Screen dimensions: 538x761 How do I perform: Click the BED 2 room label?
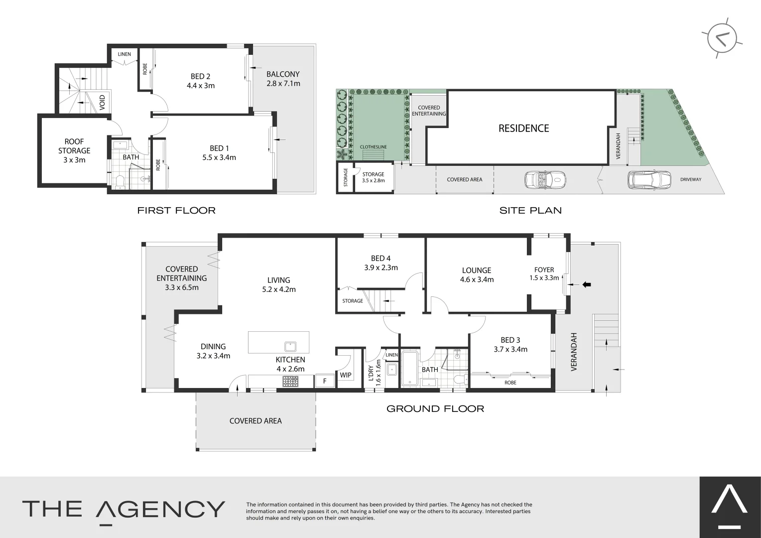pos(200,76)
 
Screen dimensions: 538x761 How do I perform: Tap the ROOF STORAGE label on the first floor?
pos(74,150)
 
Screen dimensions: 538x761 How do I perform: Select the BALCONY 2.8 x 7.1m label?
pos(283,79)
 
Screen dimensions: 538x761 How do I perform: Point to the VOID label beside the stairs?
pos(102,102)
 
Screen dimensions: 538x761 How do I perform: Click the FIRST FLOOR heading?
pos(176,210)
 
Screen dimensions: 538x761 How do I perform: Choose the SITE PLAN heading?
pos(530,210)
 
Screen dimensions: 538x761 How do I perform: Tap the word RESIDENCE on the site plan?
pos(523,129)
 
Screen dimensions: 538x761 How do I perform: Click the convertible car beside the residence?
pos(545,179)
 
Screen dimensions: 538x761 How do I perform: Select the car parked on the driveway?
pos(649,179)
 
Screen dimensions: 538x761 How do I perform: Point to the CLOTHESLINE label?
pos(373,147)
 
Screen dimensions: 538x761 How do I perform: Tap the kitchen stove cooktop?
pos(290,382)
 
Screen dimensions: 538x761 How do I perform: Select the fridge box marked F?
pos(325,381)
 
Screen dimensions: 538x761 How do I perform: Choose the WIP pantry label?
pos(346,375)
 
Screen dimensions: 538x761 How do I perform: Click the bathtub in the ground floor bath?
pos(409,368)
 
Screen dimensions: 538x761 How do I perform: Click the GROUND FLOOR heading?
pos(435,409)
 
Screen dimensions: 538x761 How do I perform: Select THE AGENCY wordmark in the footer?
pos(124,509)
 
